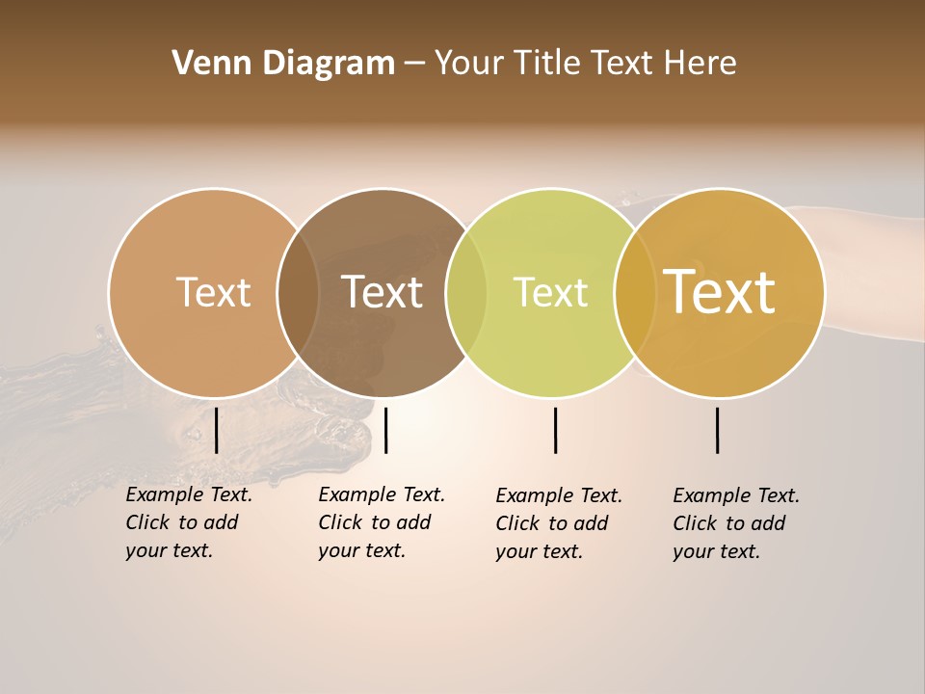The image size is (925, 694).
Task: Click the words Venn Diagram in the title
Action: (x=283, y=64)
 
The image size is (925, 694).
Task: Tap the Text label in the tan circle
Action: (x=213, y=292)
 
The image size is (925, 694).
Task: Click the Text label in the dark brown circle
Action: (x=383, y=292)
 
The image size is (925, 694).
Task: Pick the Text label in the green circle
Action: (x=550, y=292)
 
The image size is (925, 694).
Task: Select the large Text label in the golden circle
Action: (x=720, y=292)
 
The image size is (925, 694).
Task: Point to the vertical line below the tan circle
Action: (x=216, y=430)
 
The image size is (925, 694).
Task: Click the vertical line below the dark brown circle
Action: (x=385, y=430)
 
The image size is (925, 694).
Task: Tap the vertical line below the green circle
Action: (x=555, y=430)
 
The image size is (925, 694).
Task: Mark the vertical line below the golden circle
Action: (x=717, y=430)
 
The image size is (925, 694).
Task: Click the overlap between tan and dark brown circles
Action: (x=298, y=293)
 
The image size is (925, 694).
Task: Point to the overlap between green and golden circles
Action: (x=634, y=293)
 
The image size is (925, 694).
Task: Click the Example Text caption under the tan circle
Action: (x=189, y=522)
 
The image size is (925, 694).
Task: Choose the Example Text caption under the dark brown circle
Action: (x=382, y=522)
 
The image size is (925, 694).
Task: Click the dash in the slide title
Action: (x=414, y=65)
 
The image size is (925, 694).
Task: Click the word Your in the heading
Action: (x=469, y=64)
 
